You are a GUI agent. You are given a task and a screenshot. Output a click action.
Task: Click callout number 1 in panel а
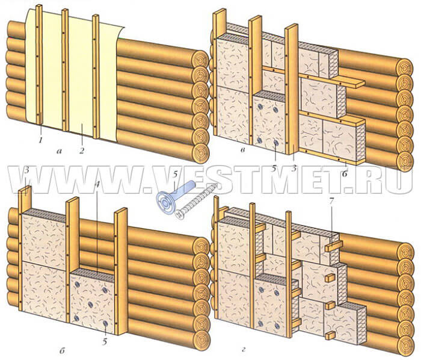[x=40, y=140]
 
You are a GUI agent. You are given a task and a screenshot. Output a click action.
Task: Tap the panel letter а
[x=60, y=152]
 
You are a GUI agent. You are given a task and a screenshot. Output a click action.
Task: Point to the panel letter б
[x=63, y=351]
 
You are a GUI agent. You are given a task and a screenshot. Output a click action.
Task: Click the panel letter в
[x=243, y=150]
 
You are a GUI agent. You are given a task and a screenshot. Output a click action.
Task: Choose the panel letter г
[x=243, y=350]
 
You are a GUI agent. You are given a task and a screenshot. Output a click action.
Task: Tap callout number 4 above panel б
[x=97, y=184]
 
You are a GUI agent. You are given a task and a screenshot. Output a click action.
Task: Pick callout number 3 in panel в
[x=294, y=168]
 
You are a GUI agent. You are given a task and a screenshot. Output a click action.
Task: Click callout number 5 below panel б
[x=105, y=342]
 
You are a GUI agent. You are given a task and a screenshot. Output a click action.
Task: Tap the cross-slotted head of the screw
[x=179, y=215]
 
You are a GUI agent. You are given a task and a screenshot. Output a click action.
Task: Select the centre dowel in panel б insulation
[x=90, y=304]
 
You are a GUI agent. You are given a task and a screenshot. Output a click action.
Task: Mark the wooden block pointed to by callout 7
[x=334, y=246]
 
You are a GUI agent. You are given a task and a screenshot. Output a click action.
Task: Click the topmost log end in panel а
[x=200, y=59]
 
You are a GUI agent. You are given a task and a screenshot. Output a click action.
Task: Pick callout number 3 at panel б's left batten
[x=26, y=170]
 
